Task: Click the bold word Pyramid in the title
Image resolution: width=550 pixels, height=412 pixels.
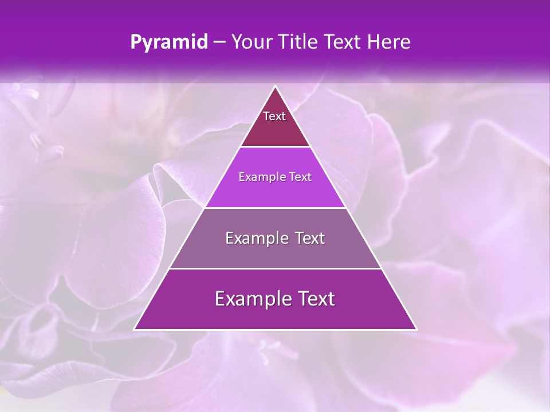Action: [169, 42]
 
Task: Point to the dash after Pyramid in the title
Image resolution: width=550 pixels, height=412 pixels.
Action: [219, 42]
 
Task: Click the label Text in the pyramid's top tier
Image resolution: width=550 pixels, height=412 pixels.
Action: [274, 116]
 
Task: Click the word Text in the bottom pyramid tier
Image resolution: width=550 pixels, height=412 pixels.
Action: [315, 299]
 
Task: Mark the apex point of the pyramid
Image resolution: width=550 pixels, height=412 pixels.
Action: [276, 86]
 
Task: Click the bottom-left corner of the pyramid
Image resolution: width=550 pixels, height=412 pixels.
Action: [135, 329]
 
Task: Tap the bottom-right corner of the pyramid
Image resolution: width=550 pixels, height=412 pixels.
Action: [417, 329]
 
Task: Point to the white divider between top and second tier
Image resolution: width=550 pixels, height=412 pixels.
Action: [276, 147]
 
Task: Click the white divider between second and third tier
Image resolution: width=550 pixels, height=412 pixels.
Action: [276, 208]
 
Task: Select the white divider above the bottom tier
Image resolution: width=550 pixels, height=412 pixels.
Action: [276, 268]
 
